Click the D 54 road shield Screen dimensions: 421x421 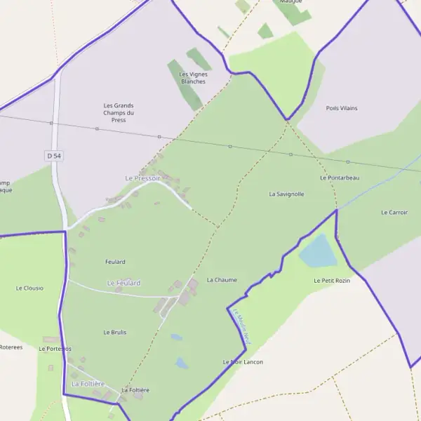(x=53, y=154)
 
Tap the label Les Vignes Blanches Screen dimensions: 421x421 (x=193, y=77)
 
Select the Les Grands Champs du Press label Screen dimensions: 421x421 (x=119, y=112)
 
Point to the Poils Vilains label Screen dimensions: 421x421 (x=342, y=108)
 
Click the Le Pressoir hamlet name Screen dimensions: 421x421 (x=143, y=178)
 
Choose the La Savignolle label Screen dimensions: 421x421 (x=286, y=194)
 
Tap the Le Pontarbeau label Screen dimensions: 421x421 (x=340, y=178)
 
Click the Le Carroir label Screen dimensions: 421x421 (x=394, y=212)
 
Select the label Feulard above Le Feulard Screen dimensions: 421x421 (x=115, y=262)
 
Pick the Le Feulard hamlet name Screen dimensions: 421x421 (x=123, y=283)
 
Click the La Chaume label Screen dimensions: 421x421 (x=222, y=280)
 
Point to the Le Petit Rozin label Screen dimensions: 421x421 (x=331, y=281)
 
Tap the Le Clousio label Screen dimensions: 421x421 (x=29, y=288)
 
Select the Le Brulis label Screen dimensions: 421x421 (x=115, y=332)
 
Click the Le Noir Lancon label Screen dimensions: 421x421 (x=243, y=362)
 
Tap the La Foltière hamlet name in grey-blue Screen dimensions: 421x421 (x=88, y=384)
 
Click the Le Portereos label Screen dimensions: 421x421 (x=55, y=349)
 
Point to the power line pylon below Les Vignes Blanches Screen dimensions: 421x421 (x=159, y=136)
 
